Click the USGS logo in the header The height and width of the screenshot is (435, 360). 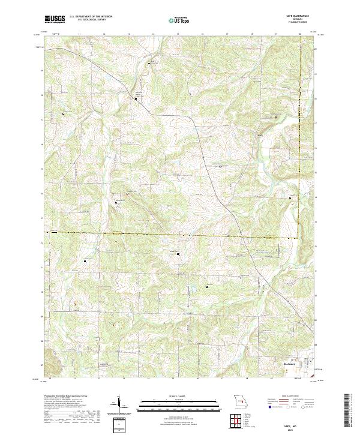[x=55, y=19]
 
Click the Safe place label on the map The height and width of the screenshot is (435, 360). [x=260, y=135]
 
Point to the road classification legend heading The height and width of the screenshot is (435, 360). [x=292, y=397]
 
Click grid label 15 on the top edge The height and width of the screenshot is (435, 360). [x=178, y=34]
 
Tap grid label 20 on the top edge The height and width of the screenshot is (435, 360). [x=301, y=34]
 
